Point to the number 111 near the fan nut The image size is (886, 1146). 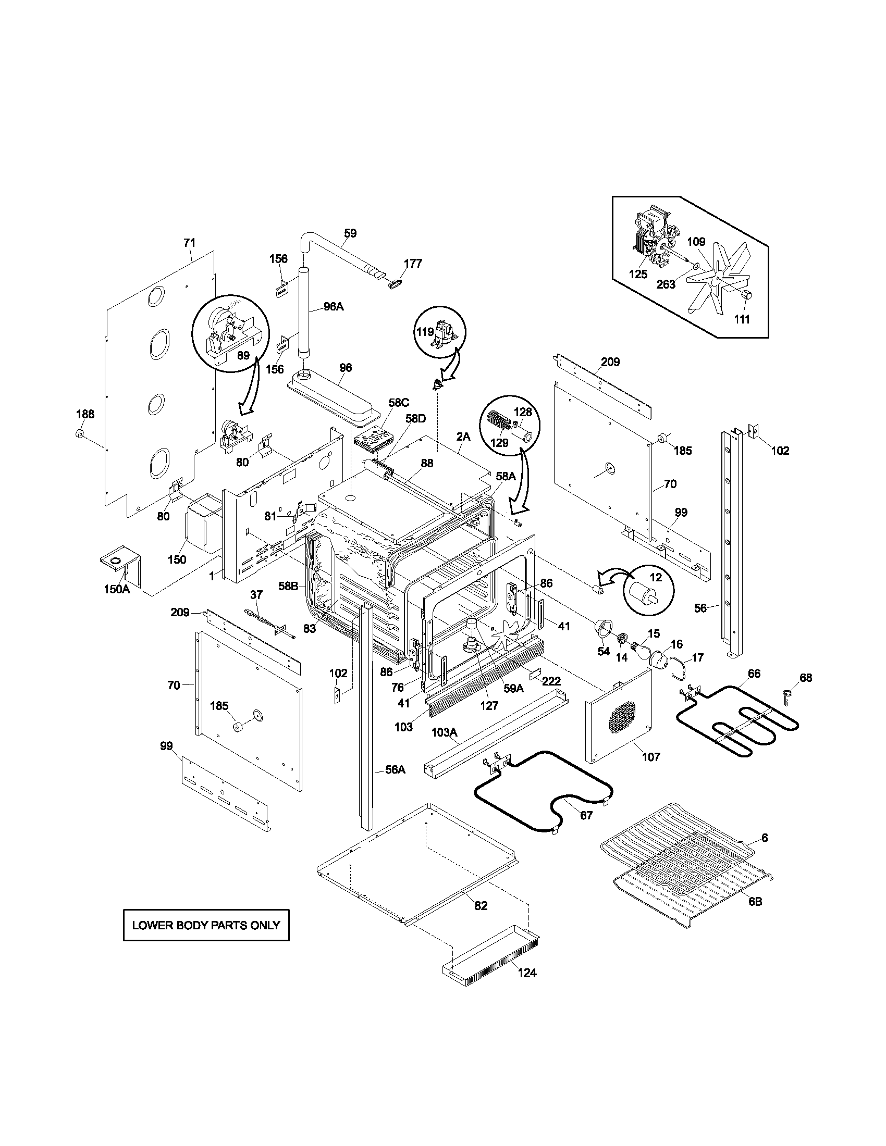[742, 319]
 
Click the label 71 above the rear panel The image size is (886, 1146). [190, 242]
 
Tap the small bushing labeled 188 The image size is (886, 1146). [80, 433]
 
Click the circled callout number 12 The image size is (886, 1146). [656, 578]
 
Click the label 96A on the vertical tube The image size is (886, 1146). [333, 306]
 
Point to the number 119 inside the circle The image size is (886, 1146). [425, 331]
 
